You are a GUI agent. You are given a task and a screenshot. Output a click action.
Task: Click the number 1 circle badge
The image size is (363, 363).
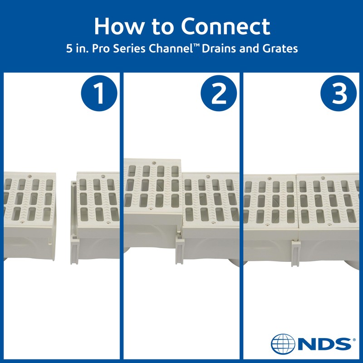click(98, 94)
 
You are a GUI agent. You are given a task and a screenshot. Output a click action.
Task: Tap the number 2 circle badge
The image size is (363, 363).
click(219, 94)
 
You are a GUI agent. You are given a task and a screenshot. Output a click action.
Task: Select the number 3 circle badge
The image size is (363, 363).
click(339, 94)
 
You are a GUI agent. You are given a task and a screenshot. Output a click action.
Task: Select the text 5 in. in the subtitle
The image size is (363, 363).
click(75, 49)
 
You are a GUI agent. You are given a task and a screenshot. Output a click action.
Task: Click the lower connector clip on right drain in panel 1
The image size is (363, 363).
click(74, 251)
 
